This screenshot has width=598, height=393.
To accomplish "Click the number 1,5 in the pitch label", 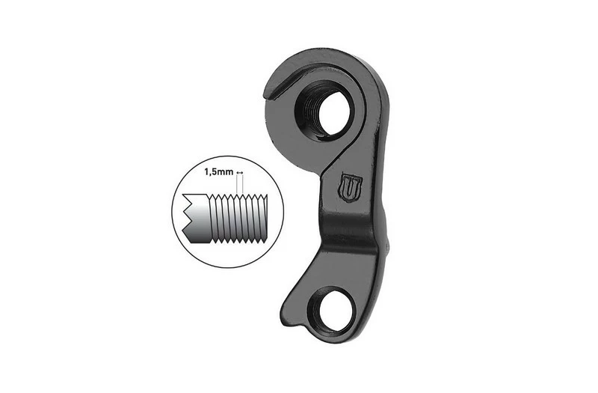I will pos(212,171).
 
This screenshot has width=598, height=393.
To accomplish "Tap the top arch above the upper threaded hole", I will pos(329,64).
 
